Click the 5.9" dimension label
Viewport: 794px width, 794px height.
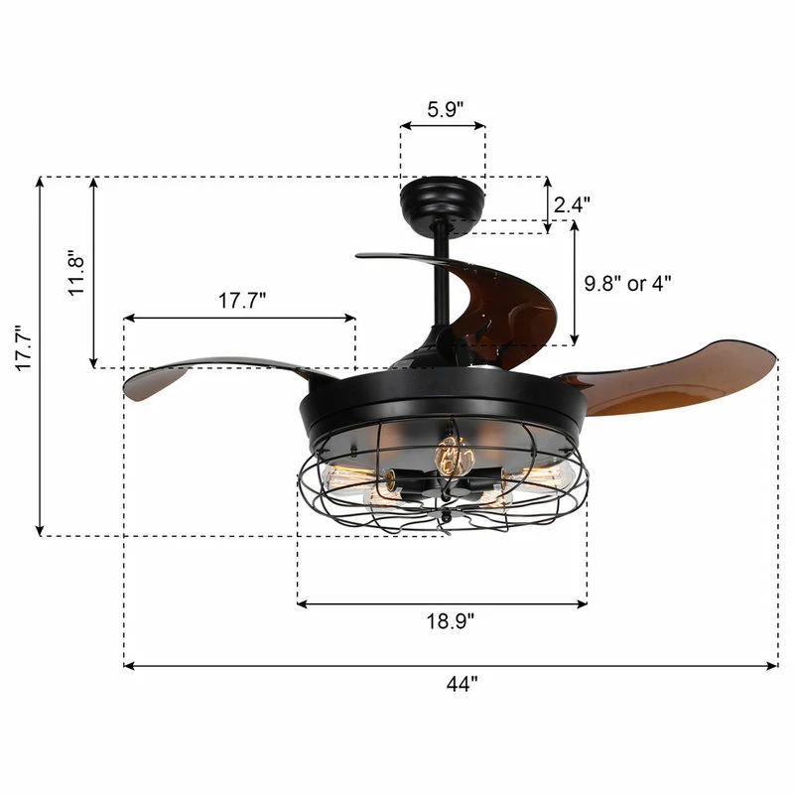[x=445, y=109]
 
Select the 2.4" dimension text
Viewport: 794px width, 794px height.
[x=572, y=204]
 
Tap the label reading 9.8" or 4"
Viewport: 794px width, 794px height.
[x=628, y=283]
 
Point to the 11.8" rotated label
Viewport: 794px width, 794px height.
[x=76, y=272]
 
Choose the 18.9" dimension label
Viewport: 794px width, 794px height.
[x=451, y=621]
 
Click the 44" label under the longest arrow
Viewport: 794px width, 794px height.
[x=462, y=684]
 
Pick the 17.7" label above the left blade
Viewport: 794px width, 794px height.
[x=242, y=301]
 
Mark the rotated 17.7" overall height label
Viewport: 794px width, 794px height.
[x=24, y=348]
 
